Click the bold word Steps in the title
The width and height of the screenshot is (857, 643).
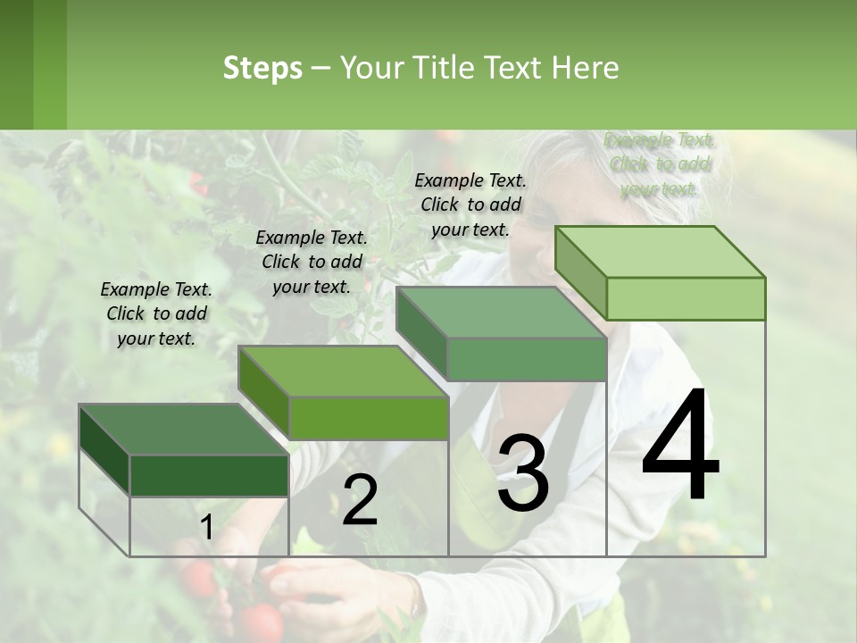[262, 68]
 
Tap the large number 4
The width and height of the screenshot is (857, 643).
[680, 446]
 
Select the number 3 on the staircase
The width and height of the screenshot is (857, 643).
[523, 473]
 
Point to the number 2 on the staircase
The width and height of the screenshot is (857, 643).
[360, 500]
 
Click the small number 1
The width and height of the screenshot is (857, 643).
[206, 528]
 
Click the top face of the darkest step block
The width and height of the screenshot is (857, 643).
[183, 430]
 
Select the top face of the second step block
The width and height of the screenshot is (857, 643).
[343, 372]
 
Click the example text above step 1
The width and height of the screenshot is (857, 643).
[156, 313]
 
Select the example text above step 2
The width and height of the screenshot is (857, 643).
[312, 262]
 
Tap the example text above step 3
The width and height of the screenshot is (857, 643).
[470, 205]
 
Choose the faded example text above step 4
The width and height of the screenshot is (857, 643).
[660, 164]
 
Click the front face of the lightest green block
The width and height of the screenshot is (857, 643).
[686, 298]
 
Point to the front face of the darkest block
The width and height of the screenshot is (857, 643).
[209, 475]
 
